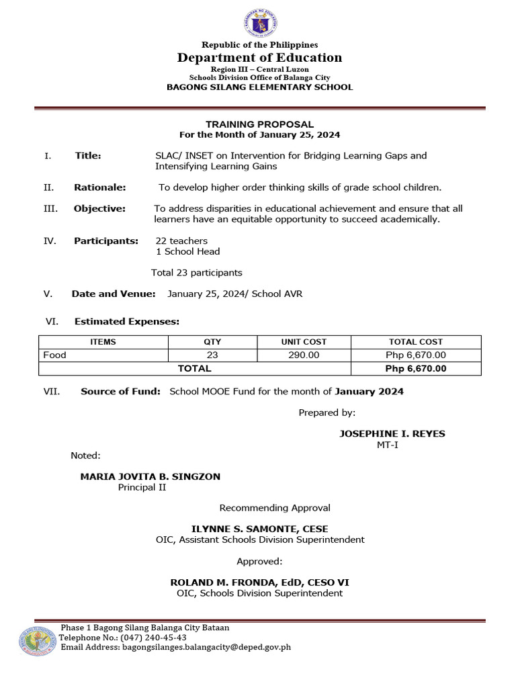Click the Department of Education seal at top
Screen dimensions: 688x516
[x=259, y=22]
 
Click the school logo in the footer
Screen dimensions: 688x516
[x=38, y=641]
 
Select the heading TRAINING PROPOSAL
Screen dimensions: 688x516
[x=259, y=124]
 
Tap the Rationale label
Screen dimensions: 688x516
[x=99, y=187]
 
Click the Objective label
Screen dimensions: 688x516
[x=99, y=209]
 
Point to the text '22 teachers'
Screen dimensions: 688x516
[x=181, y=241]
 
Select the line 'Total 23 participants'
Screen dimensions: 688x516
[x=197, y=273]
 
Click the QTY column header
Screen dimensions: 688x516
[x=212, y=342]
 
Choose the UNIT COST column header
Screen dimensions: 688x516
[x=304, y=342]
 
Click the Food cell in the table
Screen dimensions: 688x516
[x=55, y=355]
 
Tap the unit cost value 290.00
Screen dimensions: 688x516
[x=304, y=355]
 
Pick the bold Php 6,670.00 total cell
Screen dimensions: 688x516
[x=416, y=368]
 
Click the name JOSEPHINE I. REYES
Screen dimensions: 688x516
[x=392, y=433]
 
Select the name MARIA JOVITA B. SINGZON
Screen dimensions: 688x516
[x=150, y=476]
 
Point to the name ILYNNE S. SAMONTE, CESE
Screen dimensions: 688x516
[x=260, y=529]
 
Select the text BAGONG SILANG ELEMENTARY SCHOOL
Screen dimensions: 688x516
[x=259, y=87]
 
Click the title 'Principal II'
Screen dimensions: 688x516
[x=142, y=487]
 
